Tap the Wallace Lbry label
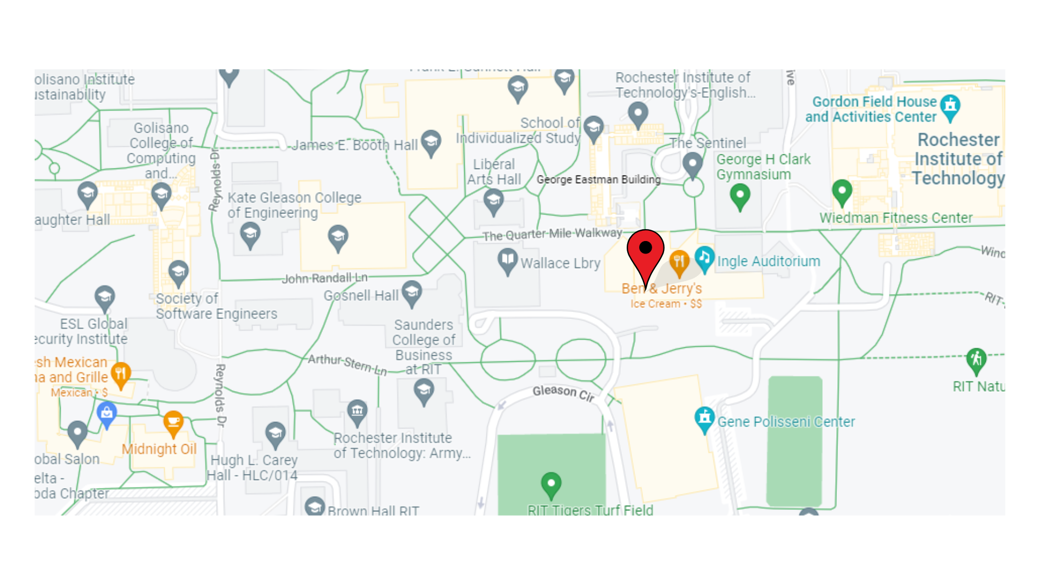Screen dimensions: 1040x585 pyautogui.click(x=560, y=263)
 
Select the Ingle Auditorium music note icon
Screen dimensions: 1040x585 pyautogui.click(x=704, y=258)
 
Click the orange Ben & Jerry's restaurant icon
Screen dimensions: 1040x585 pyautogui.click(x=679, y=262)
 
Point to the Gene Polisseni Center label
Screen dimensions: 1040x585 pyautogui.click(x=786, y=421)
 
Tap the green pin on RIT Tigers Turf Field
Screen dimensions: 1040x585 pyautogui.click(x=551, y=484)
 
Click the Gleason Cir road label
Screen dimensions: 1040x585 pyautogui.click(x=563, y=393)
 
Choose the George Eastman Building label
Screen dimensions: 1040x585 pyautogui.click(x=599, y=179)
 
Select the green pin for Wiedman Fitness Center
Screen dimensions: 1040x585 pyautogui.click(x=842, y=192)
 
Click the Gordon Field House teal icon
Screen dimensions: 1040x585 pyautogui.click(x=950, y=106)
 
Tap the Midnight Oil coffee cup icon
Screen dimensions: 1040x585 pyautogui.click(x=173, y=422)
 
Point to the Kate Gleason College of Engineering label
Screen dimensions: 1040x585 pyautogui.click(x=294, y=205)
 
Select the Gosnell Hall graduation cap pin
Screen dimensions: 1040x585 pyautogui.click(x=412, y=293)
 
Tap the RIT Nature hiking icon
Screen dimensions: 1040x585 pyautogui.click(x=976, y=360)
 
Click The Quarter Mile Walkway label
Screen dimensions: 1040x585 pyautogui.click(x=552, y=234)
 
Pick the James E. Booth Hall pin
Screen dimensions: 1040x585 pyautogui.click(x=431, y=142)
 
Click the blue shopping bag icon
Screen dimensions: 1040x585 pyautogui.click(x=107, y=414)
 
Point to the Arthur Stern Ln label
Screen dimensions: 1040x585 pyautogui.click(x=347, y=365)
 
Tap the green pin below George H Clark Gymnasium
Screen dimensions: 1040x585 pyautogui.click(x=740, y=196)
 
